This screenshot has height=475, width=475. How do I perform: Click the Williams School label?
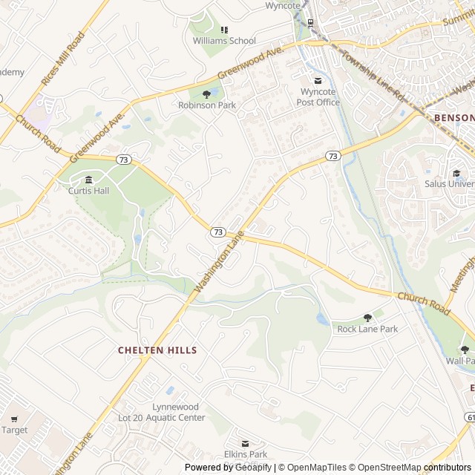click(x=224, y=41)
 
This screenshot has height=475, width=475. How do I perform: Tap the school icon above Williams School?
click(x=224, y=30)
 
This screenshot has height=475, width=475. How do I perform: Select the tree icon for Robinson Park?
click(x=206, y=94)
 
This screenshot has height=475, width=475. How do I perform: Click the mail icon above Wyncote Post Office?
click(x=318, y=81)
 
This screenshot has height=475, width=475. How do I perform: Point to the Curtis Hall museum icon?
click(x=89, y=180)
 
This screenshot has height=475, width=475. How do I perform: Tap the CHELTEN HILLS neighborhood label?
click(x=157, y=350)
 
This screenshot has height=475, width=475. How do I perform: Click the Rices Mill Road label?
click(x=62, y=59)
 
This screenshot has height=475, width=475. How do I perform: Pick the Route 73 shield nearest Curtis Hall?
click(x=124, y=160)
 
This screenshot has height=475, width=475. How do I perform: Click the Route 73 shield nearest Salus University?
click(x=332, y=156)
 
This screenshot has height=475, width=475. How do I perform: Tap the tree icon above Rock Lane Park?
click(x=367, y=318)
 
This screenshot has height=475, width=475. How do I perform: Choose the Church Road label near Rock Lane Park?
click(x=424, y=302)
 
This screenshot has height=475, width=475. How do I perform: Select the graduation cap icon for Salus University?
click(x=456, y=172)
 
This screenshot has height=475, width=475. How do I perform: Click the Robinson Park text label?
click(x=207, y=105)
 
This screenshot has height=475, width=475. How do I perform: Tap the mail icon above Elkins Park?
click(x=246, y=444)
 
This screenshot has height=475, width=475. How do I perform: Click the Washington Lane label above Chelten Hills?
click(x=220, y=261)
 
